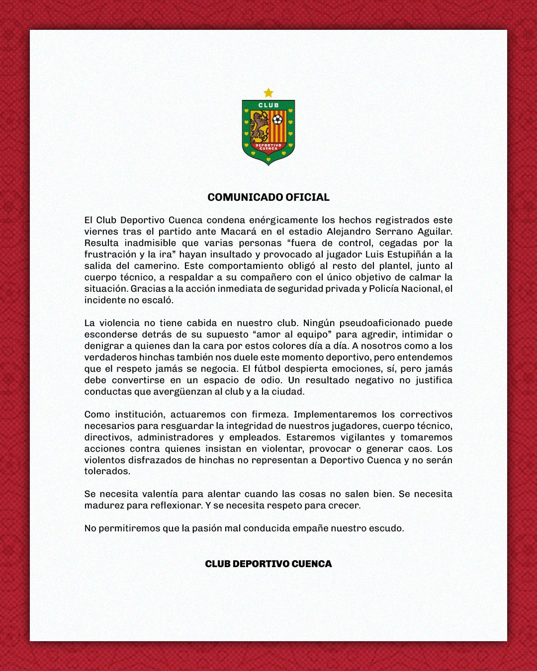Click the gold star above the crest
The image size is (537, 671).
(x=268, y=93)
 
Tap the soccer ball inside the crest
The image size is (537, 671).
(x=277, y=120)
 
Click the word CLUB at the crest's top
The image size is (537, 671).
(x=268, y=105)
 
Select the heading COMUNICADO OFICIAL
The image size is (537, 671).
(x=268, y=197)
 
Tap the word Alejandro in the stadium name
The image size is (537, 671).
(x=348, y=232)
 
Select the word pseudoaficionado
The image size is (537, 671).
(x=383, y=323)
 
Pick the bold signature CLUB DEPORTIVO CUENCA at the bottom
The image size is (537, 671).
(x=268, y=564)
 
